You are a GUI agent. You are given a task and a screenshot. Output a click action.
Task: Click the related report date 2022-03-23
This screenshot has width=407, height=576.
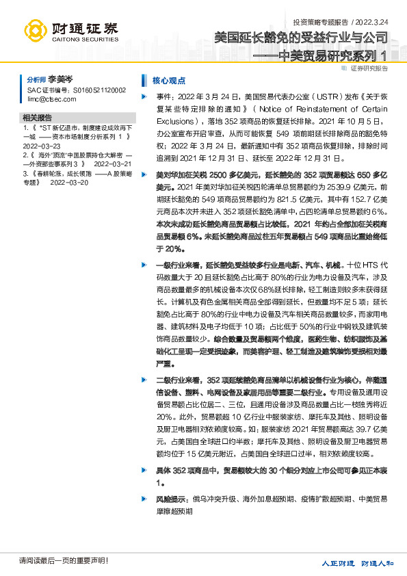[x=42, y=146]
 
